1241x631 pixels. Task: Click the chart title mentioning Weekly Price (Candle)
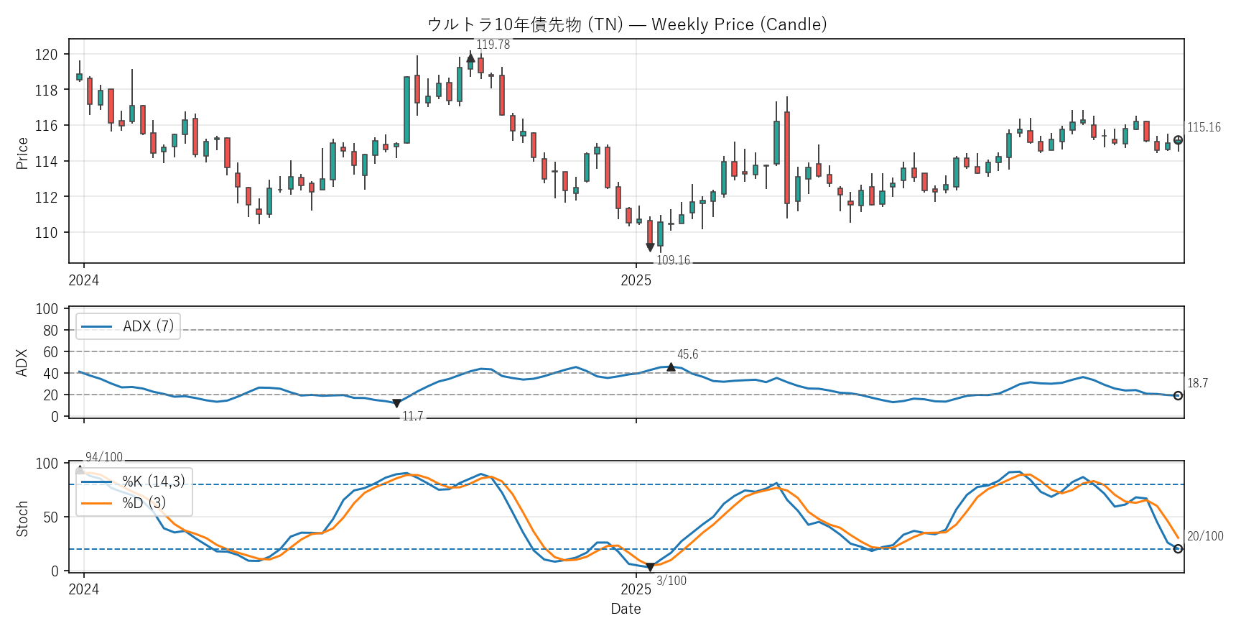click(x=627, y=24)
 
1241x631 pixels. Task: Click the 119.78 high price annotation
click(x=493, y=45)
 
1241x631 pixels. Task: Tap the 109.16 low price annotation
click(x=673, y=260)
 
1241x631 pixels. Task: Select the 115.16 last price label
click(x=1204, y=127)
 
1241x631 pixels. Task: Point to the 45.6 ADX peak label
click(x=687, y=354)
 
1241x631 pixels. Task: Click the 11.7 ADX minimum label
click(x=412, y=416)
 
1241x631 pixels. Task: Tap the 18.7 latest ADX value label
click(x=1197, y=383)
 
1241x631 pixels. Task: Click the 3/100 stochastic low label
click(x=671, y=581)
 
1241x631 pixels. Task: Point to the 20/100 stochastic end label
click(x=1205, y=536)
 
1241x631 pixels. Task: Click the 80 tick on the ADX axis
click(x=50, y=331)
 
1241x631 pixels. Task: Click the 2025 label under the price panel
click(x=636, y=280)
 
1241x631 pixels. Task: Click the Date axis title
click(x=626, y=609)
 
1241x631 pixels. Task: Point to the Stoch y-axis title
click(x=22, y=518)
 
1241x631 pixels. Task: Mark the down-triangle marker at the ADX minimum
click(x=396, y=404)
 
